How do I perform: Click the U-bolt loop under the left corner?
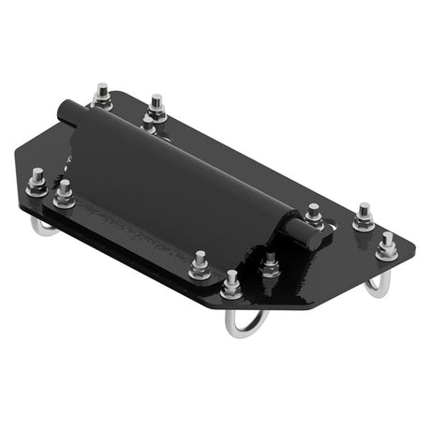(42, 228)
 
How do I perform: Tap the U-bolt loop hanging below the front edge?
(245, 322)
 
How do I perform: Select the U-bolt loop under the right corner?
(376, 285)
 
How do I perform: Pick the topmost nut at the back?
(101, 96)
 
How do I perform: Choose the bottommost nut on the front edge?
(231, 284)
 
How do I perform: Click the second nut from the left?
(64, 195)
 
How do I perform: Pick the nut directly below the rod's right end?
(271, 265)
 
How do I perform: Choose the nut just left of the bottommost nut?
(199, 267)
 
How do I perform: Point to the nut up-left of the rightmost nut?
(364, 218)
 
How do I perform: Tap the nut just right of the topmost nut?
(156, 107)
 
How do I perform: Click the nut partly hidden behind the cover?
(148, 124)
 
